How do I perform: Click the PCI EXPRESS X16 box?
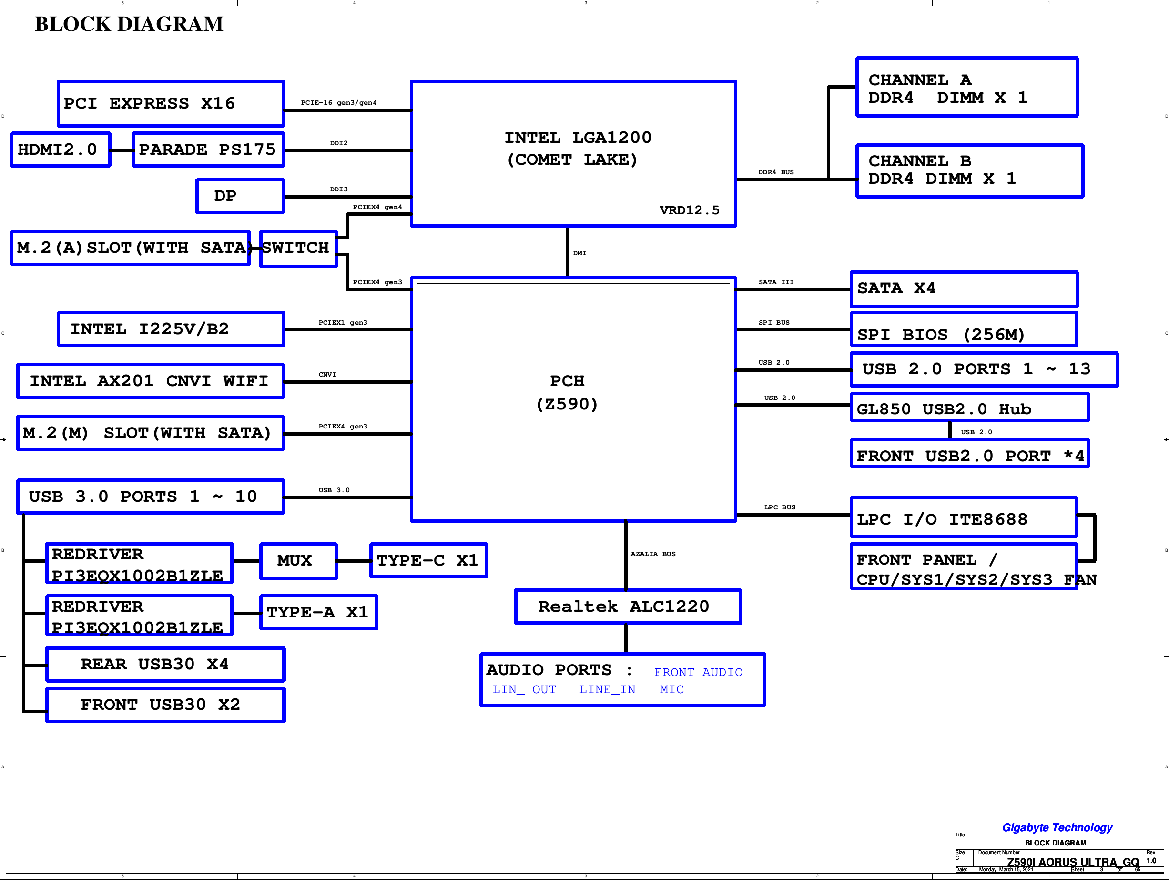(170, 103)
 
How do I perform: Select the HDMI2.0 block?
(61, 150)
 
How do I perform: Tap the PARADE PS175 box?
(208, 150)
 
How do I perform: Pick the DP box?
(240, 196)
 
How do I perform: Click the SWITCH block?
(298, 248)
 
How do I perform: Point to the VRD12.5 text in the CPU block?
(689, 210)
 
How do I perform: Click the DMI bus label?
(580, 253)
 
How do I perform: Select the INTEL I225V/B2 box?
(170, 329)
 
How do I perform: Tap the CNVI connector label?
(327, 374)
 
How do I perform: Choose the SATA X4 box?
(964, 289)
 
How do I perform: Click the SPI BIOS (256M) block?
(964, 329)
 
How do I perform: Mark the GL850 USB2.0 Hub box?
(969, 408)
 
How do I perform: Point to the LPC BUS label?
(780, 507)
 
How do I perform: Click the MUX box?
(298, 561)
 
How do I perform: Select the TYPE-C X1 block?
(428, 561)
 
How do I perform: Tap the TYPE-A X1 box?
(318, 613)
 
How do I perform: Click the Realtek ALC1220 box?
(627, 607)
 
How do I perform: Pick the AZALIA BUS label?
(653, 554)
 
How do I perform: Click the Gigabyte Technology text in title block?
(1057, 827)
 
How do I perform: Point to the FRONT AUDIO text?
(698, 672)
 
